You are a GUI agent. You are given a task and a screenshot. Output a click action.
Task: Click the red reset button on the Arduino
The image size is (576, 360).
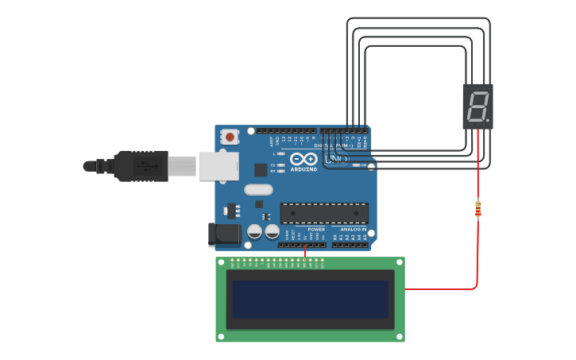pos(230,137)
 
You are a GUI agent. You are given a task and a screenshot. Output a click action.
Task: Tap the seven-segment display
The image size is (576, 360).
pos(477,106)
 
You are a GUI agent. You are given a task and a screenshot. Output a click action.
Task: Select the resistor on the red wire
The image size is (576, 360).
pos(477,209)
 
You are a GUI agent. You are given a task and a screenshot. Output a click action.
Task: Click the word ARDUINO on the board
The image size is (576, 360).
pos(303,168)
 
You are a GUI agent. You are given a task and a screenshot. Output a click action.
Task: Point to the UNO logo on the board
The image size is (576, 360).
pos(338,159)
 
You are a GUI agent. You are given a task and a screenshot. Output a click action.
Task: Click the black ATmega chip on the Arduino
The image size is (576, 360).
pos(324,213)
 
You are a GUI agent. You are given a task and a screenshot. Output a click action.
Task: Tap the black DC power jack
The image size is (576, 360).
pos(224,233)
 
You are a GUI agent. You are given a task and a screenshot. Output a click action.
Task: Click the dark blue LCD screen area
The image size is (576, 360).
pos(311,299)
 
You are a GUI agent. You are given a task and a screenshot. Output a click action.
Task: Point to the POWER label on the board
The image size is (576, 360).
pos(315,229)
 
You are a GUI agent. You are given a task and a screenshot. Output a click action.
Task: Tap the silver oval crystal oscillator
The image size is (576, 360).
pos(258,189)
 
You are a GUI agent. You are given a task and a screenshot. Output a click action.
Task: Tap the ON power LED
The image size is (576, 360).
pos(355,165)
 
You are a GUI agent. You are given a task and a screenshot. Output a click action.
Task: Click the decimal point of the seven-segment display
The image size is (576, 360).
pos(488,121)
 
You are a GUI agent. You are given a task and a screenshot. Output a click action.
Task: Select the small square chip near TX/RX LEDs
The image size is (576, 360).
pos(261,169)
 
